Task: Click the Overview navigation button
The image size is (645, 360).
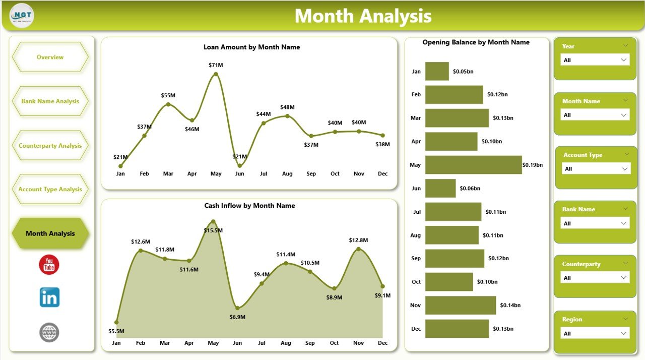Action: [x=50, y=57]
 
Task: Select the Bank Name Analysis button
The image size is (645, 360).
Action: [x=50, y=101]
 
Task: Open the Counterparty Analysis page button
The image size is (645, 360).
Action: [x=50, y=146]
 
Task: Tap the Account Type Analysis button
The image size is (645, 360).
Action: [x=50, y=189]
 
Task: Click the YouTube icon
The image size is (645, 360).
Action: [x=49, y=265]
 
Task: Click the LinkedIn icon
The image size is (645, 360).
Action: [x=49, y=297]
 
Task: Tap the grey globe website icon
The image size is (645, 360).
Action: [x=49, y=333]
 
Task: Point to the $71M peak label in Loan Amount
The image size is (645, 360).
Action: [x=216, y=65]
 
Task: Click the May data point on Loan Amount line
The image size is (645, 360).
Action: [x=216, y=74]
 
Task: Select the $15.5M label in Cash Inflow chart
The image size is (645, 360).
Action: [x=213, y=230]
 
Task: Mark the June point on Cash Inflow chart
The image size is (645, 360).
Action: [x=237, y=308]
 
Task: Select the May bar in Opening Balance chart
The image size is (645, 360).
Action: [x=473, y=165]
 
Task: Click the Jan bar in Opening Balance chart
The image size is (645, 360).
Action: [x=437, y=71]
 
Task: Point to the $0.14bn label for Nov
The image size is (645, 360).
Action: [x=510, y=305]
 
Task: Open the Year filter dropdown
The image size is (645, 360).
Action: [x=595, y=60]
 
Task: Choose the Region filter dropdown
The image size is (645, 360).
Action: [x=595, y=333]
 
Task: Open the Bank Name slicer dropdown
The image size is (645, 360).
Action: [x=595, y=223]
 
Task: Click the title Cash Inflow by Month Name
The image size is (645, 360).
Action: [x=249, y=206]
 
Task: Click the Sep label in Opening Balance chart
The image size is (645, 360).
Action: [x=416, y=258]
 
